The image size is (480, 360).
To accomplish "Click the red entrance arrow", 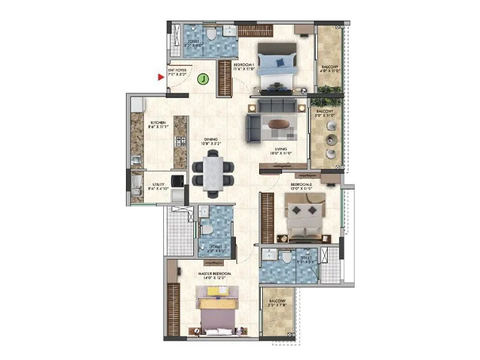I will point(161,77).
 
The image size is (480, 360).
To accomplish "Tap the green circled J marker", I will point(204,78).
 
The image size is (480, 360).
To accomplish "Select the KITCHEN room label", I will point(158,124).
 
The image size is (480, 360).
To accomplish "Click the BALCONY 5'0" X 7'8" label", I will point(277,304).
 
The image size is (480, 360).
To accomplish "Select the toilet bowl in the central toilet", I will point(206,230).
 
